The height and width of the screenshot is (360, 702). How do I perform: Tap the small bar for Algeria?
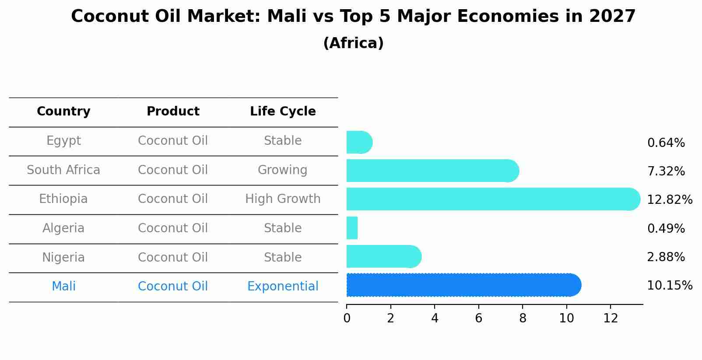(352, 228)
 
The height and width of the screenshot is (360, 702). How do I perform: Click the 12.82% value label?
(669, 200)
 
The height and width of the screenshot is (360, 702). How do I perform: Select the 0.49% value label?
(666, 228)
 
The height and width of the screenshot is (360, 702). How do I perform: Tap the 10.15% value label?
(669, 286)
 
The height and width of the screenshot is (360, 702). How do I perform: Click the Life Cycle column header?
(283, 112)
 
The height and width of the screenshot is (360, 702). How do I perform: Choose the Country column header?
(63, 112)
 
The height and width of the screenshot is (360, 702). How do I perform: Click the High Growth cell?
(283, 199)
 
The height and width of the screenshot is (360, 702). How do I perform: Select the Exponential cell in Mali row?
(283, 287)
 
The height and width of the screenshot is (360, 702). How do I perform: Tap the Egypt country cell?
(63, 141)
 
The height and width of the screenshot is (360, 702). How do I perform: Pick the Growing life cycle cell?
(283, 170)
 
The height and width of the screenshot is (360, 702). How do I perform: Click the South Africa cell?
(63, 170)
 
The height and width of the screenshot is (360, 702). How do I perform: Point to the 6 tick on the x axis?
(478, 318)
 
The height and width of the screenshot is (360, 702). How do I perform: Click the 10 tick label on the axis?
(566, 318)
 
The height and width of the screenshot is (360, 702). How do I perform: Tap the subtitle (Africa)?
(353, 43)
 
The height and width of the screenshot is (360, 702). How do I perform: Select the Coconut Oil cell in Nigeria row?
(173, 257)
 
